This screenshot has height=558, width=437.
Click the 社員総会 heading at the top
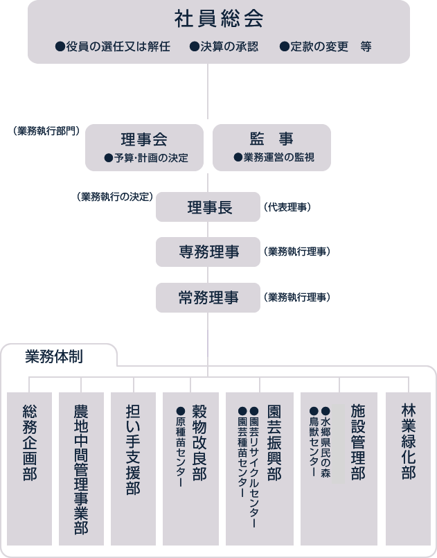pyautogui.click(x=219, y=19)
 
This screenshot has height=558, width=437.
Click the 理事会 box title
pyautogui.click(x=144, y=139)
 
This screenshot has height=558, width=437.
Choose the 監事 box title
pyautogui.click(x=271, y=139)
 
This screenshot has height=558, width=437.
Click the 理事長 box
pyautogui.click(x=208, y=207)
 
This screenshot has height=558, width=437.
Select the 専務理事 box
pyautogui.click(x=208, y=252)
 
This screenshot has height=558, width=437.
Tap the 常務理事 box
pyautogui.click(x=208, y=297)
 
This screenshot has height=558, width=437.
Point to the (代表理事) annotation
pyautogui.click(x=287, y=207)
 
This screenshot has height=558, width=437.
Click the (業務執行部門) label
pyautogui.click(x=46, y=131)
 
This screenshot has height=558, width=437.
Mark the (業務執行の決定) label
pyautogui.click(x=115, y=197)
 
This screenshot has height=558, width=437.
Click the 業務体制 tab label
pyautogui.click(x=54, y=356)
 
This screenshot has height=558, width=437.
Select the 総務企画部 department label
pyautogui.click(x=30, y=443)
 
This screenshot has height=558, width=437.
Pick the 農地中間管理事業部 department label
pyautogui.click(x=81, y=469)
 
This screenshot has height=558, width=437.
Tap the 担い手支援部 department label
pyautogui.click(x=133, y=450)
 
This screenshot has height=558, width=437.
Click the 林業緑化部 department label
pyautogui.click(x=408, y=442)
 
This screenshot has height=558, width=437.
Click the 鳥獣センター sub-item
pyautogui.click(x=314, y=442)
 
